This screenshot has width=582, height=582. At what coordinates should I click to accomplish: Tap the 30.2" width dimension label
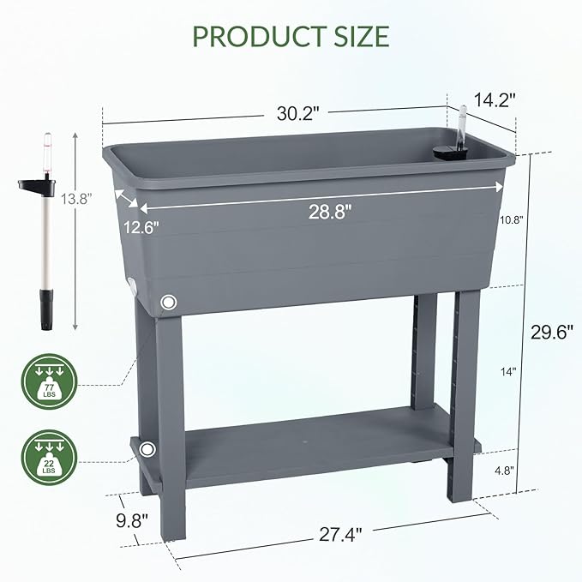(x=299, y=111)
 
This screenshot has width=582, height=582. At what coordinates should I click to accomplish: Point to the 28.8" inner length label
(x=330, y=212)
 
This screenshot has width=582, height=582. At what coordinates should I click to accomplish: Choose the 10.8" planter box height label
(x=512, y=219)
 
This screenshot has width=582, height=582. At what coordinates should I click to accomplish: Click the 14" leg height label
(x=510, y=371)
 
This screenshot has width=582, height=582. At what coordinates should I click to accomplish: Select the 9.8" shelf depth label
(x=133, y=519)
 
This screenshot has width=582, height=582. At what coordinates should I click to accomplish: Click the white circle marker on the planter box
(x=168, y=302)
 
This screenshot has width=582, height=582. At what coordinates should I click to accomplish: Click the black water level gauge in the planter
(x=448, y=151)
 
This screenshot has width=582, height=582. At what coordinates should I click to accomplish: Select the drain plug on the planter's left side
(x=132, y=287)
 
